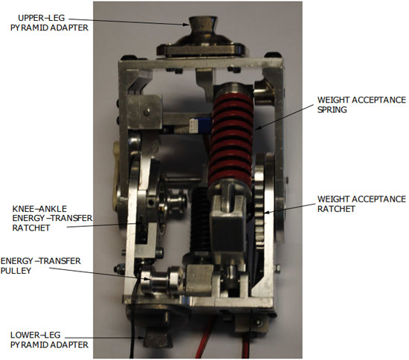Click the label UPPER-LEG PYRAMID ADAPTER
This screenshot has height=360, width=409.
pos(49,23)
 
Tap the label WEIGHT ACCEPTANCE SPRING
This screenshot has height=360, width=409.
pos(361,105)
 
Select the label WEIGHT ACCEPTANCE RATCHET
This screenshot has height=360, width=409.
pos(361,204)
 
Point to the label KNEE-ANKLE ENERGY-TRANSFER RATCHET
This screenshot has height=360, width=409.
pos(52,218)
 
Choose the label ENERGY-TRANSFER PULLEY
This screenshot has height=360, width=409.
pos(41,266)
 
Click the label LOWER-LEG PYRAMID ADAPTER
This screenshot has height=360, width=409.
pos(49,340)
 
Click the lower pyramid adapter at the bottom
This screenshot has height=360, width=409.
pos(156,340)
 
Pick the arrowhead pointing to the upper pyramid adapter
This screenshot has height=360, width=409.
pos(186,25)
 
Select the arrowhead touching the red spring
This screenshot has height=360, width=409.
pos(258,128)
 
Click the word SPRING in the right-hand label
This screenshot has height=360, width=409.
pos(332,109)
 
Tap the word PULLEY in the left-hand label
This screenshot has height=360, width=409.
pos(16,271)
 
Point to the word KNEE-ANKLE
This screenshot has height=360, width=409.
pos(39,209)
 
